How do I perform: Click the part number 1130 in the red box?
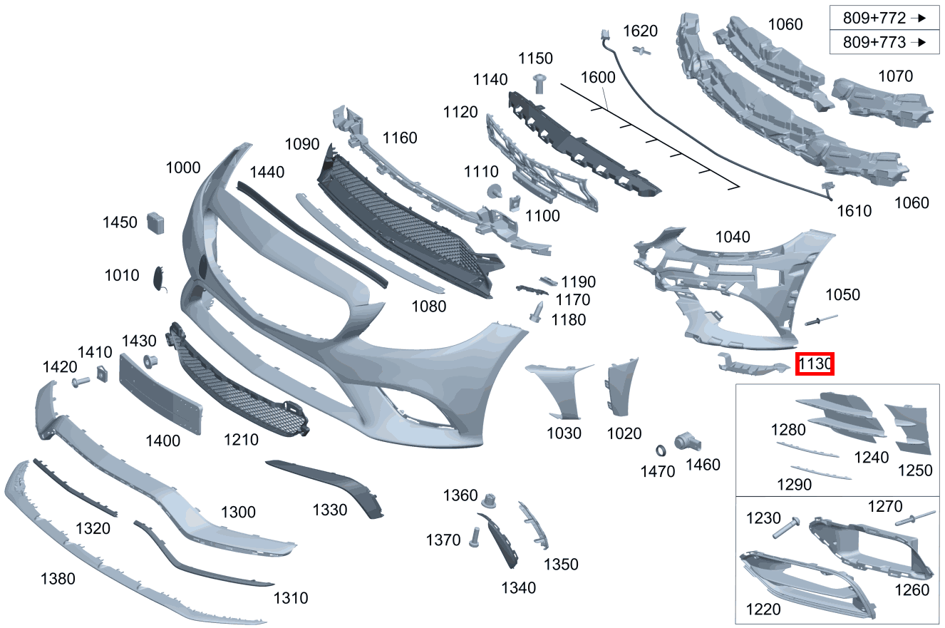pyautogui.click(x=815, y=364)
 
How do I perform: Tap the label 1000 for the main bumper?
pyautogui.click(x=183, y=168)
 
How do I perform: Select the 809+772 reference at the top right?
pyautogui.click(x=874, y=18)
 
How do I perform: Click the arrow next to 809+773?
pyautogui.click(x=919, y=42)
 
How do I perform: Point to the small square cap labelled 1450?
pyautogui.click(x=155, y=223)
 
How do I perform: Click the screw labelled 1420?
pyautogui.click(x=81, y=382)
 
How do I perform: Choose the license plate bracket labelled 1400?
pyautogui.click(x=160, y=394)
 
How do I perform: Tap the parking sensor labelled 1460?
pyautogui.click(x=687, y=442)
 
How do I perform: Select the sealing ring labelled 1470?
pyautogui.click(x=661, y=451)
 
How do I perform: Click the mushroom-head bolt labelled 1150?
pyautogui.click(x=539, y=83)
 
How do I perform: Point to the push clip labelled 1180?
pyautogui.click(x=537, y=312)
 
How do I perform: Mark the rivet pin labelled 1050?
pyautogui.click(x=821, y=320)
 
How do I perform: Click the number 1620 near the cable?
pyautogui.click(x=641, y=31)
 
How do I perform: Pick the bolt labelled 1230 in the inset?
pyautogui.click(x=786, y=527)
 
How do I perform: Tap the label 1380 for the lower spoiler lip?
pyautogui.click(x=58, y=579)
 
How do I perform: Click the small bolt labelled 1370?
pyautogui.click(x=474, y=537)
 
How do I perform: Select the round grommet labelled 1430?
pyautogui.click(x=150, y=362)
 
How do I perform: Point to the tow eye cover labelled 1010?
pyautogui.click(x=160, y=278)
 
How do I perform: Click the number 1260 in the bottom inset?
pyautogui.click(x=912, y=590)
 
